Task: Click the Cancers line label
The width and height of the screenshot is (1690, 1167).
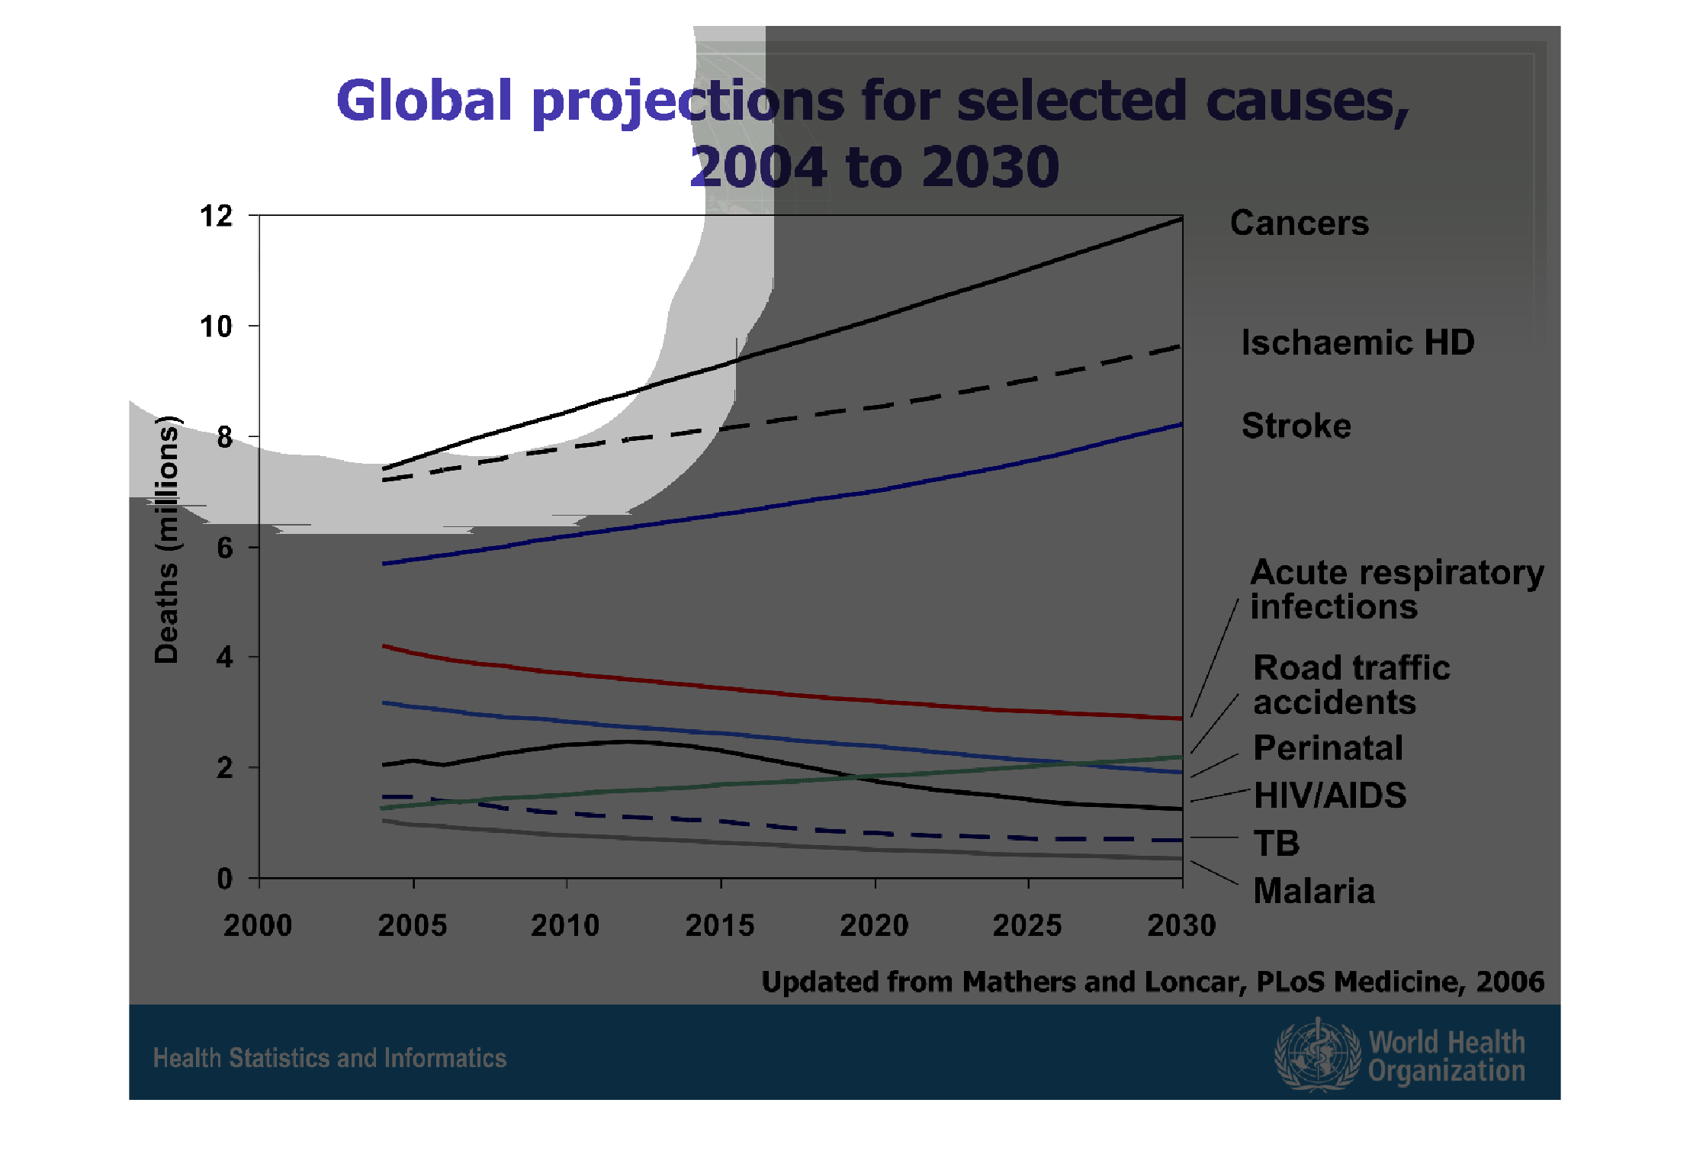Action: click(x=1299, y=223)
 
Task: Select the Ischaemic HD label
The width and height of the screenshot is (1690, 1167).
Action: click(x=1357, y=342)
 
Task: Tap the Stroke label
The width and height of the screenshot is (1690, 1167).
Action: click(x=1296, y=426)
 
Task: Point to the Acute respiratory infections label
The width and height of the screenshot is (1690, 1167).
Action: click(x=1396, y=590)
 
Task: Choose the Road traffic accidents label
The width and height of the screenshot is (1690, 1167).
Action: click(x=1351, y=685)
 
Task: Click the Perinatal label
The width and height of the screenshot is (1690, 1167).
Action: click(x=1328, y=748)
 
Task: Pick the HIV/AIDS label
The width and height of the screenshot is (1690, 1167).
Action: click(x=1330, y=796)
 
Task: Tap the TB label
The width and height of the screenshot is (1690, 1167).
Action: click(x=1277, y=844)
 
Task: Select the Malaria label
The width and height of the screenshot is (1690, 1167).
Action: click(x=1314, y=891)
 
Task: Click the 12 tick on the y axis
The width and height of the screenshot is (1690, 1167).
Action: click(x=216, y=217)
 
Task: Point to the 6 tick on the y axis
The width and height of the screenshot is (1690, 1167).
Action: click(x=224, y=548)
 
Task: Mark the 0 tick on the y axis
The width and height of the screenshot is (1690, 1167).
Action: click(x=224, y=879)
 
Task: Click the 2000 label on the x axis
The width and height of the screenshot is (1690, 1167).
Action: click(x=258, y=926)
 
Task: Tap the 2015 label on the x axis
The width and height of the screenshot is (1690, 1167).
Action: click(x=719, y=926)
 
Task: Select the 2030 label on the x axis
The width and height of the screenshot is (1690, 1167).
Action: click(x=1181, y=926)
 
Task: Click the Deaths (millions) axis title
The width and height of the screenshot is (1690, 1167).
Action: click(x=166, y=540)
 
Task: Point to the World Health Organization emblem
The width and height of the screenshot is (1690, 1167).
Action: click(x=1317, y=1055)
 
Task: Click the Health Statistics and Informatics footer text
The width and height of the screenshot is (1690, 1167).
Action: click(x=329, y=1059)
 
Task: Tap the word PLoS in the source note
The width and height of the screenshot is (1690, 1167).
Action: click(x=1290, y=982)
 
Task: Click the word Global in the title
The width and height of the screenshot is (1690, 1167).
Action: click(x=424, y=101)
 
